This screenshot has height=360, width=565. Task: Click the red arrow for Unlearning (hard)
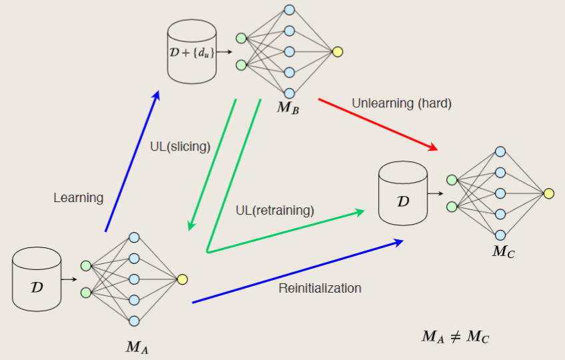378,124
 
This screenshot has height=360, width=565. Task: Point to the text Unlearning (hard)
402,103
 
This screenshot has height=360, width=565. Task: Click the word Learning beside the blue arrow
79,197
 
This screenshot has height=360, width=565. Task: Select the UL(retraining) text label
274,210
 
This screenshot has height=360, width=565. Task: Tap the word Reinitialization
320,288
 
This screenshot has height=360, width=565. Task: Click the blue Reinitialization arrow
298,272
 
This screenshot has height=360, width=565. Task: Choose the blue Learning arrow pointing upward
132,161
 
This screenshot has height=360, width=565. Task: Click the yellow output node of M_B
338,52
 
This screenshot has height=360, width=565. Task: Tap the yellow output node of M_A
182,279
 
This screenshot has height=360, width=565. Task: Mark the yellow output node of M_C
548,193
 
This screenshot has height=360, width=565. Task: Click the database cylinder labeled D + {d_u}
192,51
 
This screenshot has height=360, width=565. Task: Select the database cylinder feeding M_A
37,279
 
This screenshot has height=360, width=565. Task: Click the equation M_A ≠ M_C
456,337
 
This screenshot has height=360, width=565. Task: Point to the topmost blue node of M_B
289,10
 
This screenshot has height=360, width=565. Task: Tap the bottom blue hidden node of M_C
500,235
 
